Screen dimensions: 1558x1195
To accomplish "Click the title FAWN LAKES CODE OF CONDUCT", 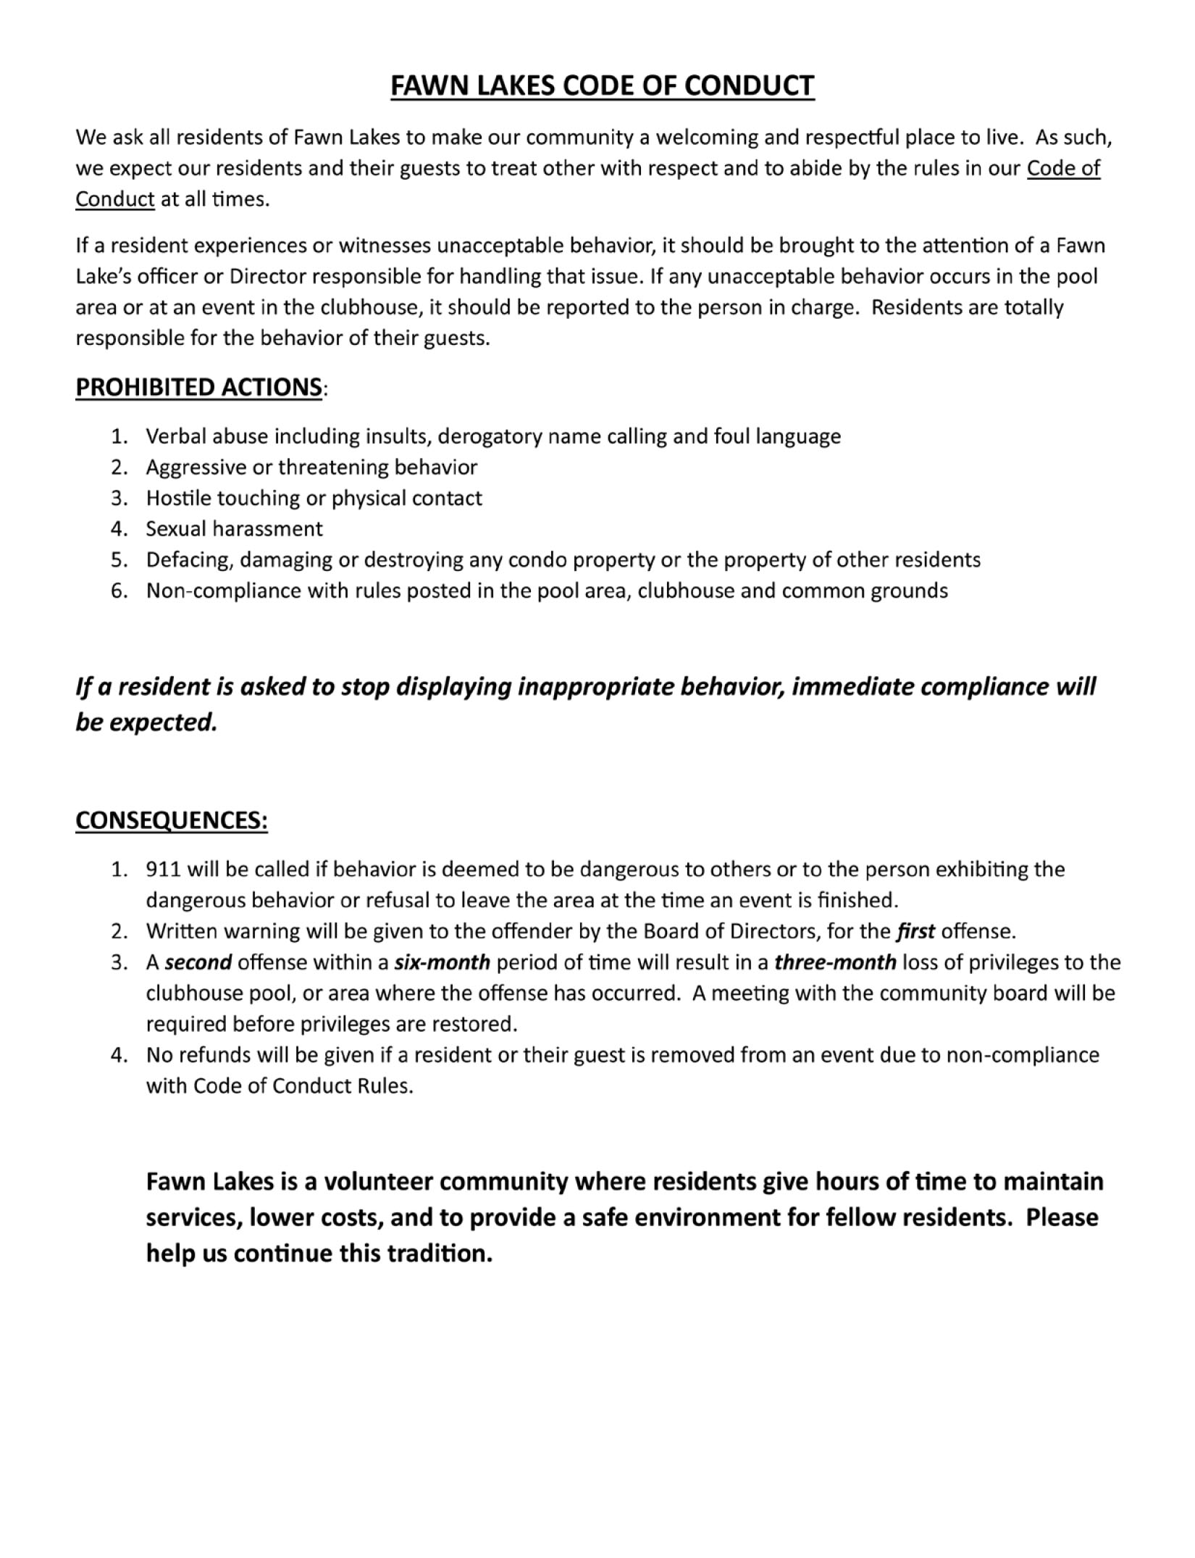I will pyautogui.click(x=602, y=86).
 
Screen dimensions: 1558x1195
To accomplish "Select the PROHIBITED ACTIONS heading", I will pyautogui.click(x=198, y=387).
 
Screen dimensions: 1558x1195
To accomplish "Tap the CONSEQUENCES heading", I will pyautogui.click(x=172, y=820).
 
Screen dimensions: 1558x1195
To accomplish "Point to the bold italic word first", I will pyautogui.click(x=915, y=931).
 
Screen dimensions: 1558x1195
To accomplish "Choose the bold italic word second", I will pyautogui.click(x=198, y=962).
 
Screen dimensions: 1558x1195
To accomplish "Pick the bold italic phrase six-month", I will pyautogui.click(x=442, y=962).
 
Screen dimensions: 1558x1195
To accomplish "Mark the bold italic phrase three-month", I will pyautogui.click(x=835, y=962).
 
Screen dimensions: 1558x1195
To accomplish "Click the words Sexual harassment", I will pyautogui.click(x=234, y=529).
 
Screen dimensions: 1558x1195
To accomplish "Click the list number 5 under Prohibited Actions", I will pyautogui.click(x=119, y=560).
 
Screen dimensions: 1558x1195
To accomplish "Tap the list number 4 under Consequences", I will pyautogui.click(x=119, y=1055).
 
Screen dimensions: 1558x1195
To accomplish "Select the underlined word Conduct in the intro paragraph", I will pyautogui.click(x=115, y=199).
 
